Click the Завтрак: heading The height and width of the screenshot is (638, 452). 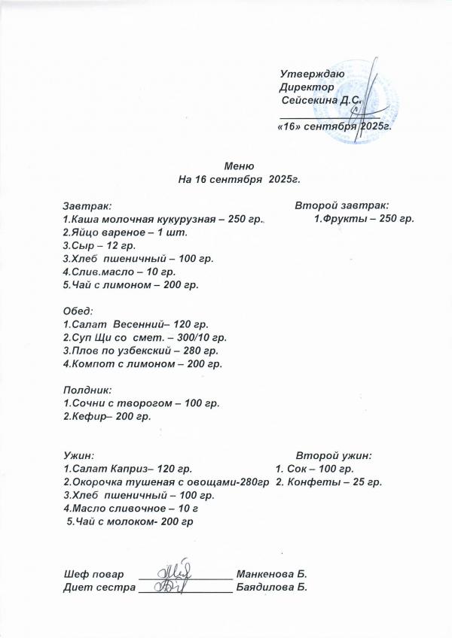tap(87, 205)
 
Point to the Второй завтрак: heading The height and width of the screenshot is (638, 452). tap(342, 205)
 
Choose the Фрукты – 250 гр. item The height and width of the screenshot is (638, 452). tap(364, 219)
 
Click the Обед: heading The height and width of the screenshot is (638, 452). tap(78, 311)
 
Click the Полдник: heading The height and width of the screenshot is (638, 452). tap(87, 390)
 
